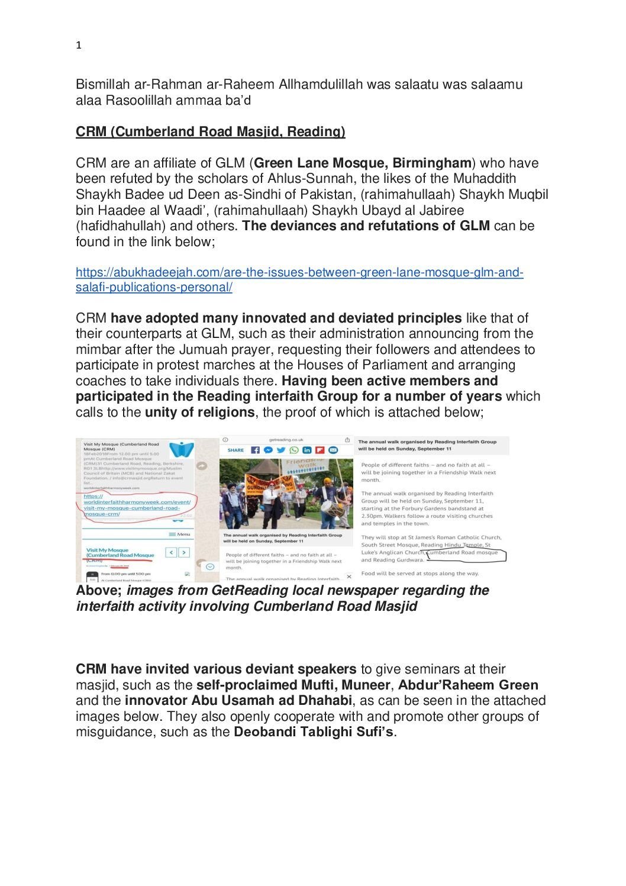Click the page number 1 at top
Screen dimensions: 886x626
click(x=79, y=46)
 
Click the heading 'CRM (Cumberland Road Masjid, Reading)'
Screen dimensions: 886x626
click(x=210, y=131)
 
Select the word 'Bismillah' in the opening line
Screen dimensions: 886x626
click(x=99, y=84)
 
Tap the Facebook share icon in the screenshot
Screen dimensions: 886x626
click(x=255, y=450)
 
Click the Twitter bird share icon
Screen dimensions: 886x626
click(x=280, y=450)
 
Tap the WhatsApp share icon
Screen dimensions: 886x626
click(x=293, y=450)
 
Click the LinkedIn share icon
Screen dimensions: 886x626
click(x=306, y=450)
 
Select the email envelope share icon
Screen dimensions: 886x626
click(x=333, y=450)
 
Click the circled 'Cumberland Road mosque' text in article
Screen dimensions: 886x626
click(x=463, y=553)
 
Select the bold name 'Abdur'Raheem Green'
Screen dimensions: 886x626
click(x=468, y=685)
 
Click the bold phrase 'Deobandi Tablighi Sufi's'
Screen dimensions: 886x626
click(x=313, y=732)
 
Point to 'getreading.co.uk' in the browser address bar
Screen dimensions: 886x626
click(x=286, y=440)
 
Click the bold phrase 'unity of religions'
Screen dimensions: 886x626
click(x=199, y=412)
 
